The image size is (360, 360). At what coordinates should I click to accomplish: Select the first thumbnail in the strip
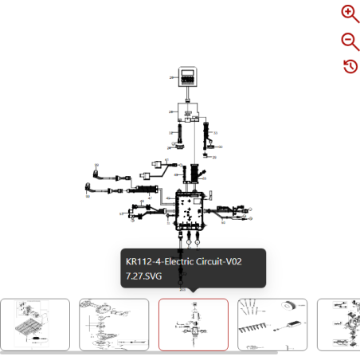[x=34, y=324]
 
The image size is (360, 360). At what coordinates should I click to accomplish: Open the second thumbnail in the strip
[x=114, y=324]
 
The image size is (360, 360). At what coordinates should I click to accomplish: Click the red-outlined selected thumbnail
[x=193, y=324]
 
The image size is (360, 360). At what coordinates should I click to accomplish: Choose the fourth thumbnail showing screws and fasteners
[x=272, y=324]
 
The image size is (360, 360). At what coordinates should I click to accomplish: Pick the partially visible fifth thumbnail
[x=338, y=324]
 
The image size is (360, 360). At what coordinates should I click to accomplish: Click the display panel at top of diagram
[x=188, y=78]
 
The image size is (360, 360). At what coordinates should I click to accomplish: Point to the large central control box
[x=190, y=210]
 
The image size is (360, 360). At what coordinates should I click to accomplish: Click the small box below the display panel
[x=189, y=116]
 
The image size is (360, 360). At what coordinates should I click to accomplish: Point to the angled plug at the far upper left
[x=96, y=170]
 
